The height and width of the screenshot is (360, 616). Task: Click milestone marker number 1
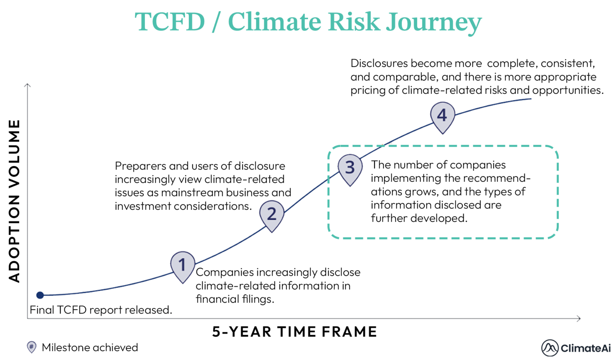click(182, 265)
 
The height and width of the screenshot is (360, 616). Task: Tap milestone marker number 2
click(272, 214)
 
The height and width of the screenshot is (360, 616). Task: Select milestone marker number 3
click(350, 167)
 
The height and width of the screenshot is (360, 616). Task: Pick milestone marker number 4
click(442, 115)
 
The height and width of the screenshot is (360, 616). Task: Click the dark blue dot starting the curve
click(40, 295)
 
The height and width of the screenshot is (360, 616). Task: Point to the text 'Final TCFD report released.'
click(101, 310)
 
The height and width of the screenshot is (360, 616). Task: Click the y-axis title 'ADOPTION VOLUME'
click(14, 201)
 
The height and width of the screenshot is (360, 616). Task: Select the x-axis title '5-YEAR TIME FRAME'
click(295, 332)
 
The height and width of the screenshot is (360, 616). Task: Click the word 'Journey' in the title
click(434, 22)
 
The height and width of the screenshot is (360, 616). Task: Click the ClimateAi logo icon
click(549, 348)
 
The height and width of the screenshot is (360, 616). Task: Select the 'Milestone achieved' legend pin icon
click(31, 347)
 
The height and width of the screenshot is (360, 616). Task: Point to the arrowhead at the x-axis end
click(578, 319)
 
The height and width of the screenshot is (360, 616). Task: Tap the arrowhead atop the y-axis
click(27, 85)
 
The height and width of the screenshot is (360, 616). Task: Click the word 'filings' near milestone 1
click(257, 299)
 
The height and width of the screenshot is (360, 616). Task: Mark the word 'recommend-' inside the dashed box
click(497, 178)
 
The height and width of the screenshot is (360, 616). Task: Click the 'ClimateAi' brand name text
click(585, 348)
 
